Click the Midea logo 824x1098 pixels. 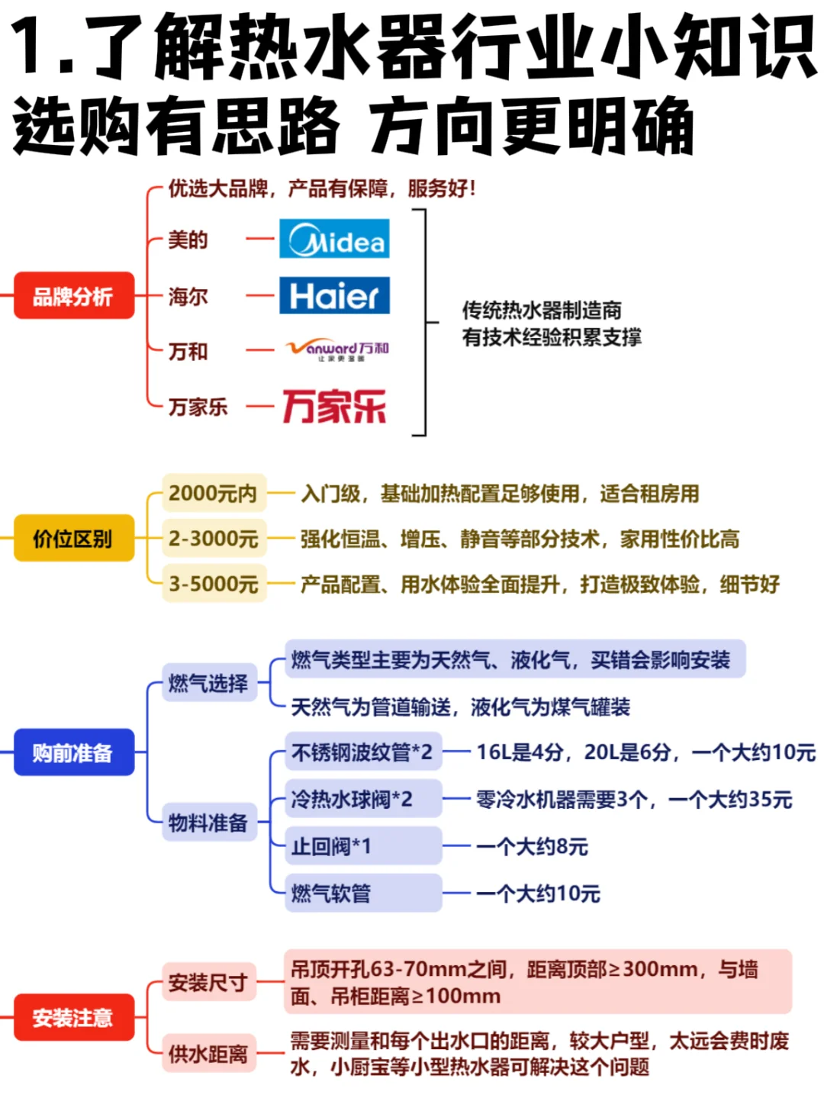tap(334, 239)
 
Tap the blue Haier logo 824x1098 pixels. tap(334, 295)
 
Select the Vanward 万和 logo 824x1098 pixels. tap(336, 350)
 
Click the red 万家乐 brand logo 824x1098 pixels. tap(334, 406)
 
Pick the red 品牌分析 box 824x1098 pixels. tap(73, 296)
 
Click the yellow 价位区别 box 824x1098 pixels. tap(73, 539)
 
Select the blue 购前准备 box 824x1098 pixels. tap(73, 753)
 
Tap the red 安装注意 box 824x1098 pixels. tap(73, 1017)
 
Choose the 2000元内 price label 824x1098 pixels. tap(214, 493)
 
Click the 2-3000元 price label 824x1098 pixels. tap(214, 539)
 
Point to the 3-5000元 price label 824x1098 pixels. tap(214, 584)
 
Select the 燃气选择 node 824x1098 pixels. tap(208, 683)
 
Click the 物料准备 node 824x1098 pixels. tap(208, 823)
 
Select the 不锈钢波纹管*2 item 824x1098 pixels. tap(362, 752)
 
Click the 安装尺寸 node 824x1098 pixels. tap(208, 982)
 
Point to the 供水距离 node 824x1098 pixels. tap(208, 1054)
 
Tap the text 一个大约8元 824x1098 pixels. tap(532, 847)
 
